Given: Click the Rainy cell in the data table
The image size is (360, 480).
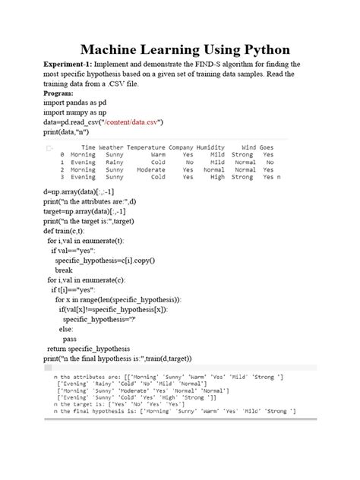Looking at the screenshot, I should pyautogui.click(x=115, y=162).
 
